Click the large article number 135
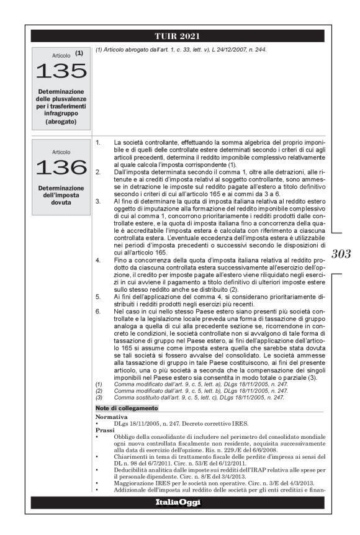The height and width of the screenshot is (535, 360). pos(61,71)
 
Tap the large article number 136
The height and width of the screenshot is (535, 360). pos(61,167)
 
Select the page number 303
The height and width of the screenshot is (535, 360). pos(342,254)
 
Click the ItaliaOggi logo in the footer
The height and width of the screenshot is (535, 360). pos(180,502)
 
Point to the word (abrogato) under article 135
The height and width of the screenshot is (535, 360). pos(61,122)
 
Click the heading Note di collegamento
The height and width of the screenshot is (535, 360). pos(127,408)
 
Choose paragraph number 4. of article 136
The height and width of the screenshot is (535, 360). pos(98,258)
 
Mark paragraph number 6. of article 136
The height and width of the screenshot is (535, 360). pos(98,308)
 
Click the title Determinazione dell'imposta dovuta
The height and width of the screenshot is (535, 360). pos(61,192)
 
